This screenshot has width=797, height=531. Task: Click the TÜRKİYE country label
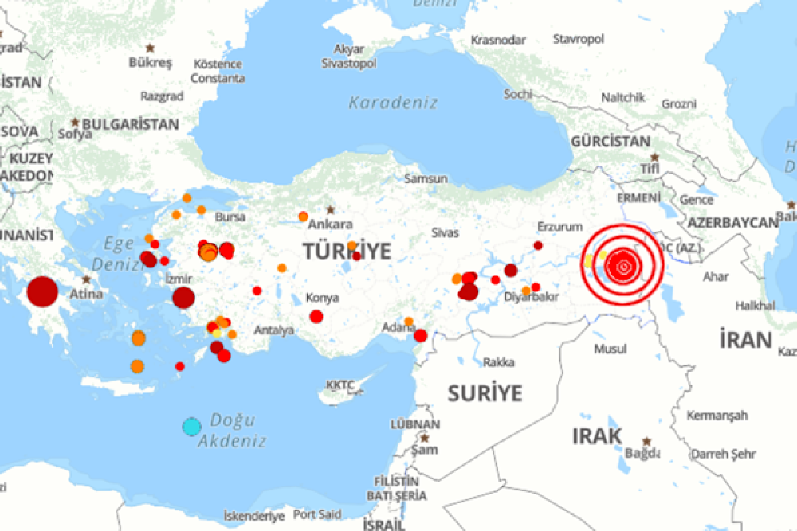pos(347,252)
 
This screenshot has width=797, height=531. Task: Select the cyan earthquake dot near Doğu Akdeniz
pos(191,427)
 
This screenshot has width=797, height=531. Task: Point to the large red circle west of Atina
pos(42,291)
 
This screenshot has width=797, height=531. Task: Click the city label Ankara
pos(330,224)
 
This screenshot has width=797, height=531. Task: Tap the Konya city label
pos(322,298)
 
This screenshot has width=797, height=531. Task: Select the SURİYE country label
pos(485,392)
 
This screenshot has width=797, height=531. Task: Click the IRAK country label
pos(597,436)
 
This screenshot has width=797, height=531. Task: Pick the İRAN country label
pos(746,341)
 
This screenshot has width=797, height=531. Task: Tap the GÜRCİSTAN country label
pos(610,142)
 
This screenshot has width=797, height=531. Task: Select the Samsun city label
pos(426,179)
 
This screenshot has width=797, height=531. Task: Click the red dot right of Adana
pos(421,335)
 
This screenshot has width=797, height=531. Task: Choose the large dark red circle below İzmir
pos(183,298)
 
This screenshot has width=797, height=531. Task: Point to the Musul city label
pos(610,349)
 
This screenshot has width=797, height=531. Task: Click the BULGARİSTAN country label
pos(131,124)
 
